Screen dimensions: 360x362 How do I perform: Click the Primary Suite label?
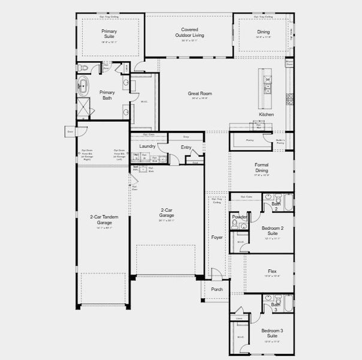point(108,34)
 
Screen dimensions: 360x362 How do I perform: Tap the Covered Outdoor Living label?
point(190,32)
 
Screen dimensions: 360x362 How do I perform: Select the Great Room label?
point(200,94)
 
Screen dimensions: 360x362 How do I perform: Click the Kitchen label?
point(266,114)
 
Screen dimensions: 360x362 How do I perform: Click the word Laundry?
point(147,146)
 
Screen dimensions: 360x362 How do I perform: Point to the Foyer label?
point(216,237)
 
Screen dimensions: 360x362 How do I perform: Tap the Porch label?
point(216,289)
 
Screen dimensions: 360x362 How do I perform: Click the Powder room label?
point(240,217)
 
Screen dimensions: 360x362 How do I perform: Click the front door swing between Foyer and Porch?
point(216,274)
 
